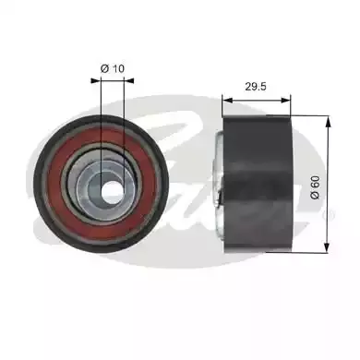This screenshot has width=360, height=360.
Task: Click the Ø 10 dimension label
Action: coord(113,68)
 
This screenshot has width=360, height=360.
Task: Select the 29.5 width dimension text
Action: coord(256,87)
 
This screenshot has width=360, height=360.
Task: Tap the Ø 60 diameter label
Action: coord(316,187)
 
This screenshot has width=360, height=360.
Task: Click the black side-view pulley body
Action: coord(258,184)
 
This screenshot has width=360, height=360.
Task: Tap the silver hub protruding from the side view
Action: coord(219,184)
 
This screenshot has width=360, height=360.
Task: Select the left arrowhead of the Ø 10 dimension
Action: coord(96,80)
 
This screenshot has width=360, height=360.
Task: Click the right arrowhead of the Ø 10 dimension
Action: coord(129,80)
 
